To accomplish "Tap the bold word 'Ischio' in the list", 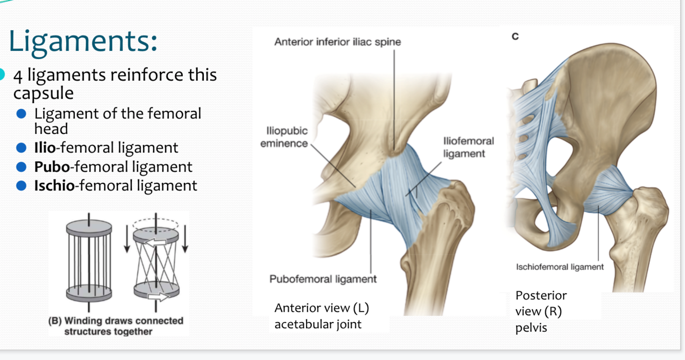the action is click(x=54, y=185).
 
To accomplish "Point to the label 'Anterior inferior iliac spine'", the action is click(x=337, y=42).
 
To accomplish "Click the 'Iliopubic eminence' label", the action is click(x=283, y=138).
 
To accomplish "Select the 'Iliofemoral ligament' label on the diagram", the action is click(x=468, y=147).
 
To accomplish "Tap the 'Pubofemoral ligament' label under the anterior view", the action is click(x=323, y=279).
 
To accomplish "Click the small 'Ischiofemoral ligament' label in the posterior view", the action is click(x=560, y=267).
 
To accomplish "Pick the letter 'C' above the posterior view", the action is click(x=515, y=36).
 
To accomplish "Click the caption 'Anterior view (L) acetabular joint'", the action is click(x=322, y=316).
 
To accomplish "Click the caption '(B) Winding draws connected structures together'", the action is click(x=116, y=326).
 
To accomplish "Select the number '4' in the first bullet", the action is click(x=18, y=75).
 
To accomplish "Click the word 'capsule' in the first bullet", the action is click(x=43, y=93).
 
